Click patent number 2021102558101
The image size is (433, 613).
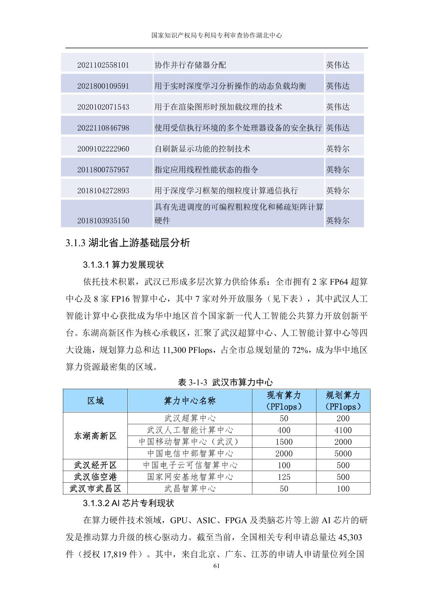103,65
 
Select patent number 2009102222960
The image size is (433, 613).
103,149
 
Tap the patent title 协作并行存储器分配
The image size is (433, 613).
190,65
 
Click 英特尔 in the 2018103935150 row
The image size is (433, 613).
337,221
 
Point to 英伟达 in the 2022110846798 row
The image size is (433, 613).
337,128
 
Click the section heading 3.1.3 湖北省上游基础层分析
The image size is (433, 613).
127,243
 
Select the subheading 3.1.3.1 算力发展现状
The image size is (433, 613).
123,265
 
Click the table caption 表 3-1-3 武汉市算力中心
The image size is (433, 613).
225,382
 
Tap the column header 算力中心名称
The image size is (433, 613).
189,400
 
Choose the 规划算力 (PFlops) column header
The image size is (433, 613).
343,400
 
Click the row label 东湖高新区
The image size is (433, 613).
95,436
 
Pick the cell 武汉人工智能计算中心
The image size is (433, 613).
189,430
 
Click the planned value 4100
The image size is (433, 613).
343,430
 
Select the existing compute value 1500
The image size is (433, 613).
284,442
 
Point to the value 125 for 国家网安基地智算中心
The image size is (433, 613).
284,477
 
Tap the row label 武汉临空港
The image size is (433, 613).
95,477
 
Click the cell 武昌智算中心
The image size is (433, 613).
189,489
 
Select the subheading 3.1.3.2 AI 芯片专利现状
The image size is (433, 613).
128,503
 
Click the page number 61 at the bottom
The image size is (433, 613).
216,566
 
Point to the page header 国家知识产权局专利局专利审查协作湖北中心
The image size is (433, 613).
216,35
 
